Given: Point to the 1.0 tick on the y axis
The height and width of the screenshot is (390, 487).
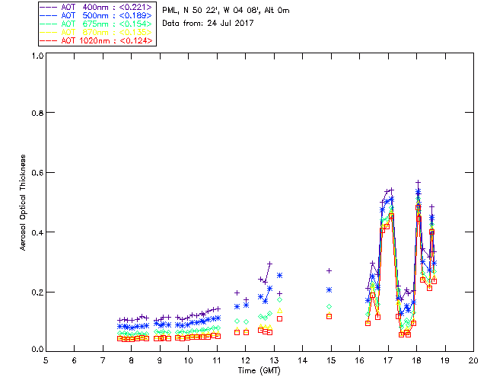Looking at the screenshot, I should tap(36, 56).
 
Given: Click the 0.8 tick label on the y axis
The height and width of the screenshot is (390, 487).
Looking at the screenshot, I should tap(36, 113).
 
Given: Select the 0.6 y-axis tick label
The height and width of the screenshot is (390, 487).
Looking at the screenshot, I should tap(36, 173).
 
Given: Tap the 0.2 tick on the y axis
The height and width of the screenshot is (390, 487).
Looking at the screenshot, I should tap(36, 292).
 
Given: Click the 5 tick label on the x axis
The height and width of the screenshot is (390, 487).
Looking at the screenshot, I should tap(46, 360).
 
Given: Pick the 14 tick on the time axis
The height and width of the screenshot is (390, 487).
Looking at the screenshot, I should tap(302, 360).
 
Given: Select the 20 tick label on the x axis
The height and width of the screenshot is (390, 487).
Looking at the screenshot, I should tap(473, 360).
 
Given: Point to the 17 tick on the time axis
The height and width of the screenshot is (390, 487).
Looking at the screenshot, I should tap(388, 360).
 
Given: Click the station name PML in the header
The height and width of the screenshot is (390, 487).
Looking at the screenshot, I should tap(170, 11).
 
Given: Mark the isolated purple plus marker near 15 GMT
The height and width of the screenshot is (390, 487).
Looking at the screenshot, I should tap(329, 270).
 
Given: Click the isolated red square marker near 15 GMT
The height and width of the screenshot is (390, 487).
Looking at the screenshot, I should tap(329, 316).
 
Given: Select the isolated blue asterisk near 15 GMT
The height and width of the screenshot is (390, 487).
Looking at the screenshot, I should tap(329, 289).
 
